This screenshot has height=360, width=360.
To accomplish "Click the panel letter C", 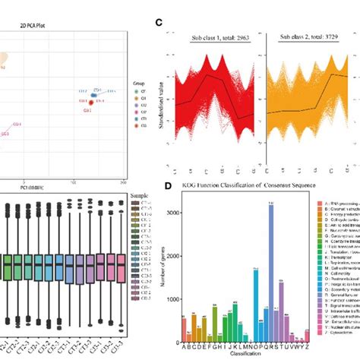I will pyautogui.click(x=158, y=23).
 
